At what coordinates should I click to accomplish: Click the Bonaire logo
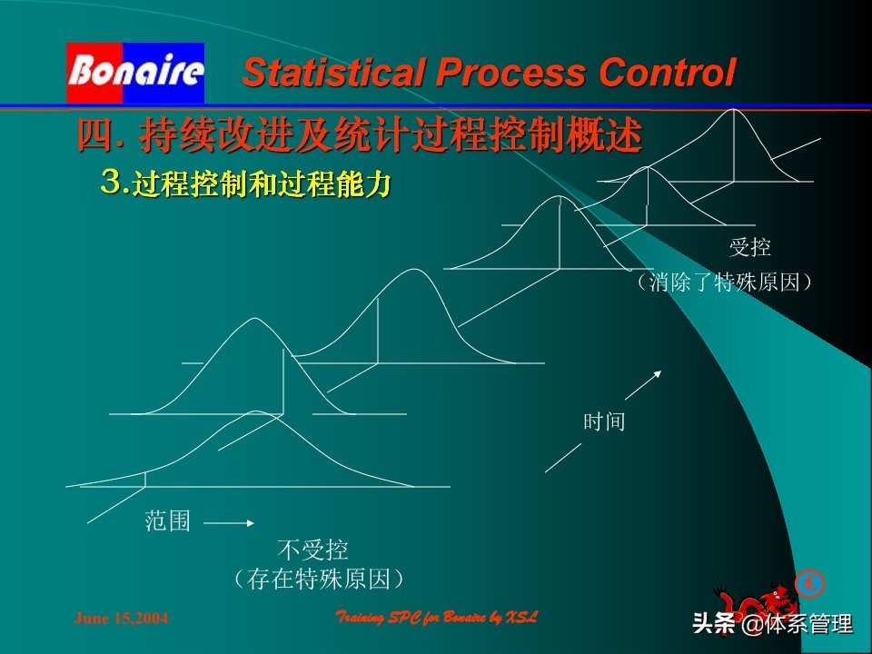point(135,73)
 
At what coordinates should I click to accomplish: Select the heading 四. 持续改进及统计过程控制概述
point(360,137)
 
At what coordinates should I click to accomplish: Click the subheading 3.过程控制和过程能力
point(245,183)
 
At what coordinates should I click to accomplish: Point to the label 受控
point(749,247)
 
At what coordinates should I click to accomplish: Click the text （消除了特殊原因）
point(724,282)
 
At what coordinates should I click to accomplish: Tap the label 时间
point(604,421)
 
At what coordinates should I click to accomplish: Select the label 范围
point(168,521)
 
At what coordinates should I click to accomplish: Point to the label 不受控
point(312,550)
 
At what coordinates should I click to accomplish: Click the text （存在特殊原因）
point(317,579)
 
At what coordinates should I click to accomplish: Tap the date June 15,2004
point(121,619)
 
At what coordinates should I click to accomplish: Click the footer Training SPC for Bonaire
point(437,618)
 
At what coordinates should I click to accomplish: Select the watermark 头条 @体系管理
point(772,624)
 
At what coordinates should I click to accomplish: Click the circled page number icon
point(806,582)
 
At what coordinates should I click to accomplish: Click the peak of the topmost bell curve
point(734,110)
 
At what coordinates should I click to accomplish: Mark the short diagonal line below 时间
point(563,457)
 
